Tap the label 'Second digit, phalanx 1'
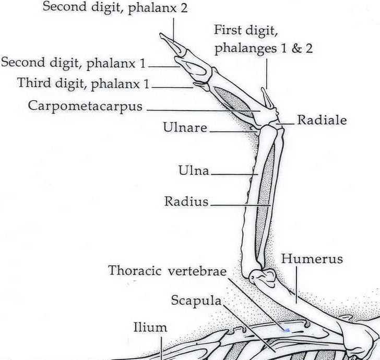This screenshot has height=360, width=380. pyautogui.click(x=74, y=64)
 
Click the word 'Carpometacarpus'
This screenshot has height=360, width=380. pyautogui.click(x=86, y=106)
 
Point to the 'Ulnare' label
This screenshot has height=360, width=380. pyautogui.click(x=185, y=128)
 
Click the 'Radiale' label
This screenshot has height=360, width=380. pyautogui.click(x=322, y=121)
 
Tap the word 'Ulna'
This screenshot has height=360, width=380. pyautogui.click(x=194, y=171)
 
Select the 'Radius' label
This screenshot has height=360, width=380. pyautogui.click(x=186, y=201)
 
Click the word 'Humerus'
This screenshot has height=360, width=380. pyautogui.click(x=312, y=259)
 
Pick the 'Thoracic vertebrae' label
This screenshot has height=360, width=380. pyautogui.click(x=167, y=271)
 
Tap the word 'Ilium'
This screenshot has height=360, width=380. pyautogui.click(x=150, y=328)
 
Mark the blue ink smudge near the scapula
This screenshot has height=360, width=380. pyautogui.click(x=286, y=330)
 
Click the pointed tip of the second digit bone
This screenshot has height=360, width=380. pyautogui.click(x=162, y=35)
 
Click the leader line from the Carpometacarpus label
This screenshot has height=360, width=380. pyautogui.click(x=204, y=110)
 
